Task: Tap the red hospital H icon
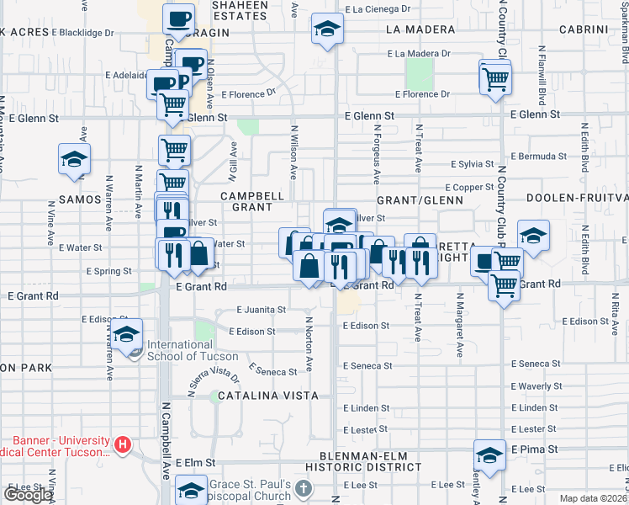[x=123, y=444]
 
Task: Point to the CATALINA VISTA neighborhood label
[x=267, y=396]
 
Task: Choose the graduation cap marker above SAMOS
[x=74, y=159]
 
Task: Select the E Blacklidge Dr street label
[x=82, y=33]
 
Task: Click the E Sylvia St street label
[x=472, y=164]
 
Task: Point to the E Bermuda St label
[x=538, y=157]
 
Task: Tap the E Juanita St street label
[x=261, y=310]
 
